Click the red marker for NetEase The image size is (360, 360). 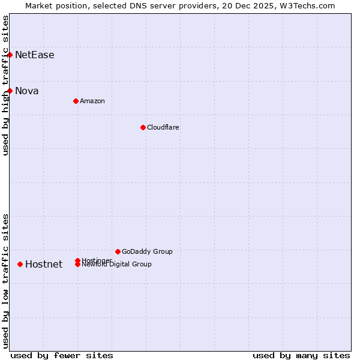pyautogui.click(x=10, y=55)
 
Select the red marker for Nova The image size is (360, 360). pyautogui.click(x=10, y=91)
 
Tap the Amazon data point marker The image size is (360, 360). pyautogui.click(x=76, y=101)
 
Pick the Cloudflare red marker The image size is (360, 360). pyautogui.click(x=143, y=127)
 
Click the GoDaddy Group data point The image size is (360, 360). pyautogui.click(x=118, y=251)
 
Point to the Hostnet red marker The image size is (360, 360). pyautogui.click(x=20, y=264)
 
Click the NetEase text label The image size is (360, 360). pyautogui.click(x=35, y=55)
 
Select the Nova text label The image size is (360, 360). pyautogui.click(x=27, y=91)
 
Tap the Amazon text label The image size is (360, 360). pyautogui.click(x=92, y=101)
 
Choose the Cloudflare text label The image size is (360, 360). pyautogui.click(x=163, y=127)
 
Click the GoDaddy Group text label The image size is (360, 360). pyautogui.click(x=147, y=251)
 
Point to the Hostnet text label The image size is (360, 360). pyautogui.click(x=44, y=265)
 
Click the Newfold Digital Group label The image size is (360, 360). pyautogui.click(x=117, y=265)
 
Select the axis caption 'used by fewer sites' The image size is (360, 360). pyautogui.click(x=62, y=355)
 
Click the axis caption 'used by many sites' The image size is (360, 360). pyautogui.click(x=301, y=355)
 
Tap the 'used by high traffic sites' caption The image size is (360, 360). pyautogui.click(x=5, y=85)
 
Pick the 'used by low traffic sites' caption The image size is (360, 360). pyautogui.click(x=5, y=281)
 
